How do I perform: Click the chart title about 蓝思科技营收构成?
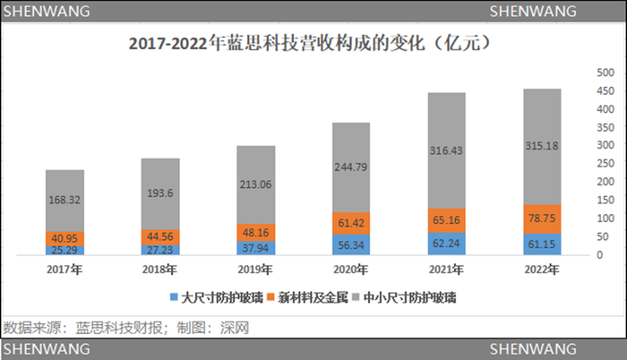(313, 42)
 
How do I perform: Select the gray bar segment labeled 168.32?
(64, 201)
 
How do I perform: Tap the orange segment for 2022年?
(542, 218)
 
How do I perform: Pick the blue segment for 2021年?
(446, 244)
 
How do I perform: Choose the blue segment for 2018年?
(160, 250)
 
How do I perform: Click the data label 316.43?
(446, 150)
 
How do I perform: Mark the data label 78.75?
(542, 218)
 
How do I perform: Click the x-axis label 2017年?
(64, 268)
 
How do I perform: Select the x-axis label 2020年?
(351, 268)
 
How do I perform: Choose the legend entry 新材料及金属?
(306, 295)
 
